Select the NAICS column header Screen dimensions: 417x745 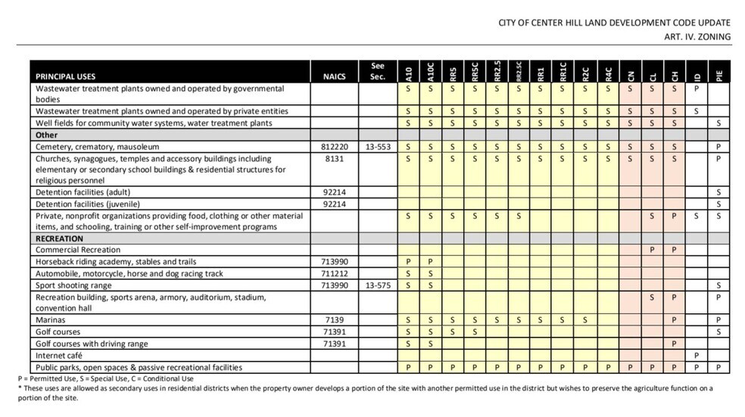pos(334,76)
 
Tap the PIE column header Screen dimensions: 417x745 pos(719,75)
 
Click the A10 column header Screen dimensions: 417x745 pos(408,73)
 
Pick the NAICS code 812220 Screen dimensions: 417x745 pos(334,146)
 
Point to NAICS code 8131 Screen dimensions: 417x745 pos(334,159)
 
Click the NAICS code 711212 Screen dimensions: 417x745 pos(334,273)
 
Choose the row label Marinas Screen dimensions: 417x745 pos(51,320)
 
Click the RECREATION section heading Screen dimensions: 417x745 pos(59,238)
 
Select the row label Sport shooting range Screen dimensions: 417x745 pos(73,285)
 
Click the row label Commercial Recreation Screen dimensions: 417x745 pos(77,250)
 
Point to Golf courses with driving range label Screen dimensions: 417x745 pos(92,344)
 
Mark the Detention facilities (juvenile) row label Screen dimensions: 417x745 pos(88,204)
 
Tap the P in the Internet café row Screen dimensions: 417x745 pos(696,355)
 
